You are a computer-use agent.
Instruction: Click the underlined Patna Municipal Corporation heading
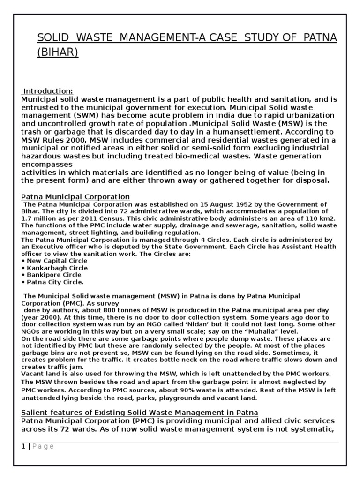point(75,196)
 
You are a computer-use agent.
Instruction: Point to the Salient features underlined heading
point(139,412)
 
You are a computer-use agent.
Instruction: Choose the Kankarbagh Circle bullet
point(57,268)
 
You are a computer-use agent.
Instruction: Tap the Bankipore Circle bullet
point(54,275)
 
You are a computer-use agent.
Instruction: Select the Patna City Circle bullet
point(55,282)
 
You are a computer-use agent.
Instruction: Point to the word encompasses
point(47,165)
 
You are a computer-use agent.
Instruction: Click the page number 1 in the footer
point(23,446)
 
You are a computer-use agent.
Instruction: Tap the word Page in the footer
point(43,446)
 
